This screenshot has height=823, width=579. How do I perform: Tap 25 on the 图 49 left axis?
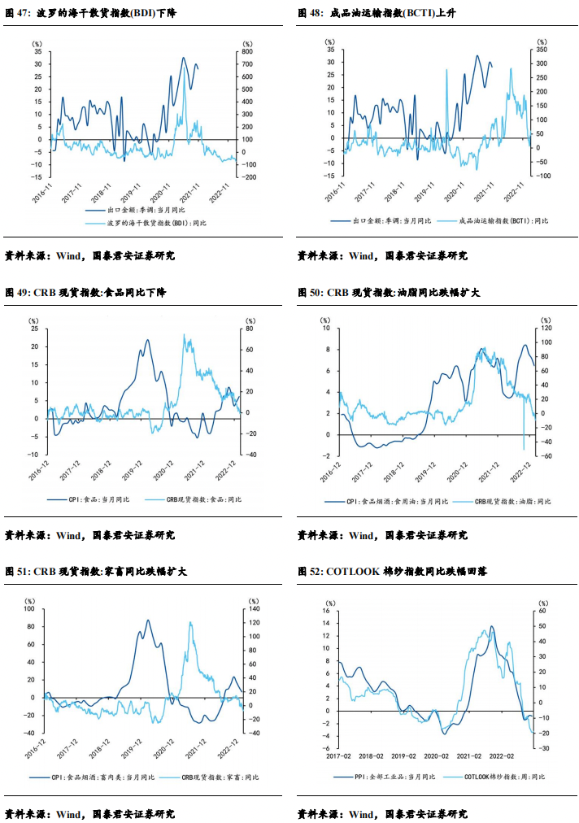[34, 329]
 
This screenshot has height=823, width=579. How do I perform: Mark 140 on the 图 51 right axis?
[252, 609]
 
